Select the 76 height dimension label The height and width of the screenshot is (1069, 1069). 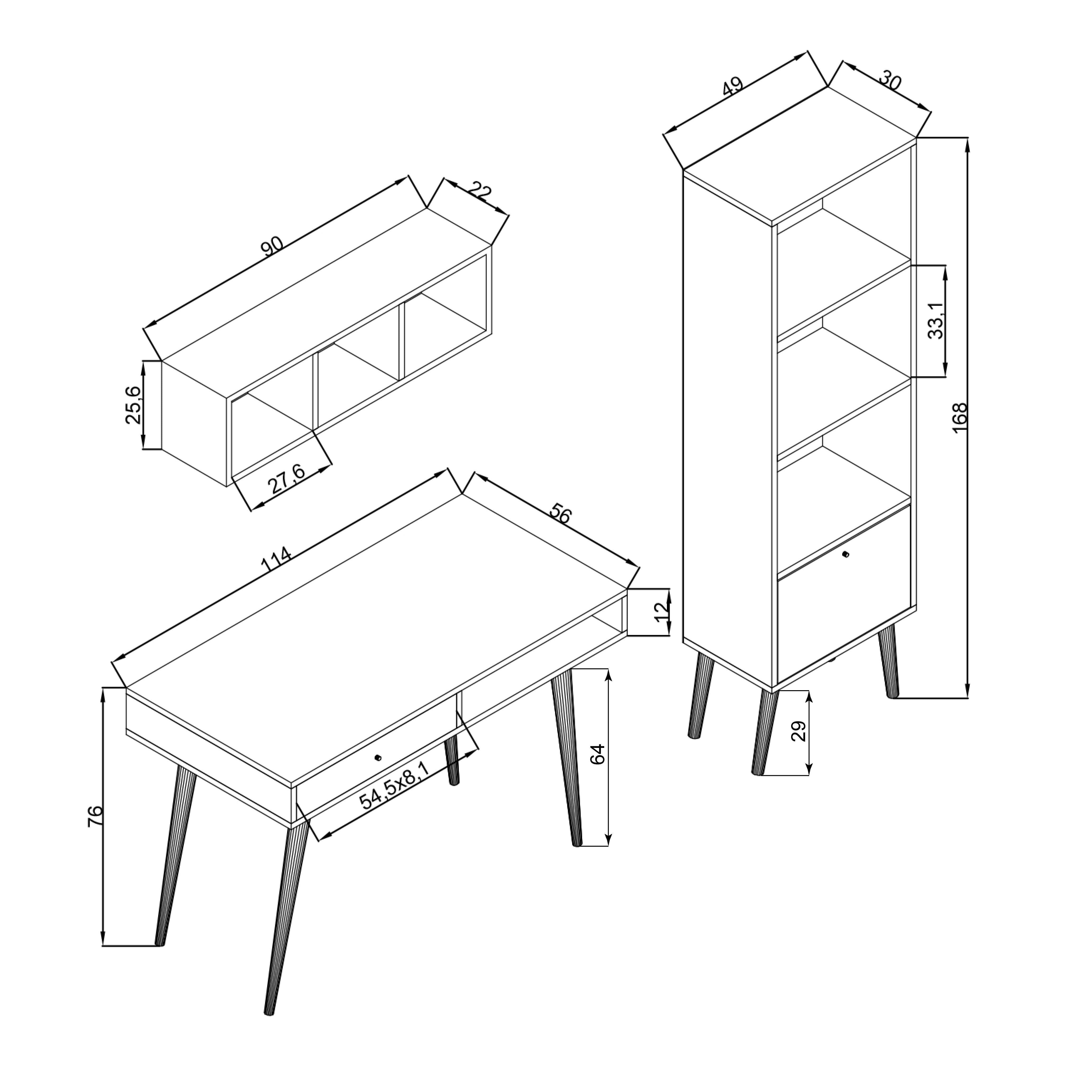95,816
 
